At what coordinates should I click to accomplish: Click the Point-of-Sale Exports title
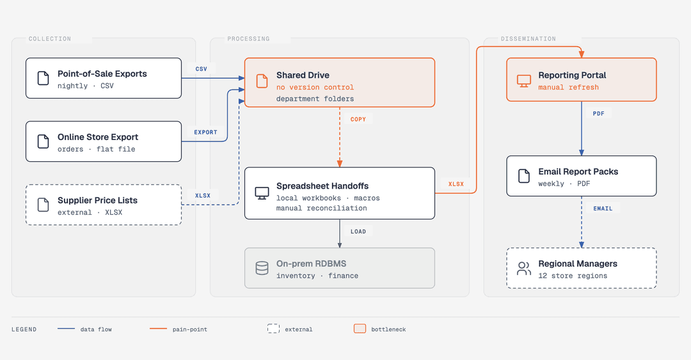pyautogui.click(x=102, y=74)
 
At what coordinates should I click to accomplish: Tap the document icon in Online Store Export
pyautogui.click(x=44, y=141)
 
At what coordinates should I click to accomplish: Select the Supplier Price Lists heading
pyautogui.click(x=97, y=200)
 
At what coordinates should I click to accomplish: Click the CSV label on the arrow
pyautogui.click(x=201, y=69)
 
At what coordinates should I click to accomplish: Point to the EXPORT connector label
pyautogui.click(x=205, y=132)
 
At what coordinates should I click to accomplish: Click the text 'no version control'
pyautogui.click(x=315, y=87)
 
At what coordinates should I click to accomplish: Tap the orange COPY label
pyautogui.click(x=358, y=119)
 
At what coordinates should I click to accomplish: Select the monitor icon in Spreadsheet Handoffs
pyautogui.click(x=262, y=193)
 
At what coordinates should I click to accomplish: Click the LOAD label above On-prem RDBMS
pyautogui.click(x=358, y=231)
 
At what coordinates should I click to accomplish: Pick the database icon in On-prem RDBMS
pyautogui.click(x=262, y=268)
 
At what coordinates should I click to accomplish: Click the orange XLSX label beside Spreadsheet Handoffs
pyautogui.click(x=456, y=184)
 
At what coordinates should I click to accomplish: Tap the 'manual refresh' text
pyautogui.click(x=569, y=87)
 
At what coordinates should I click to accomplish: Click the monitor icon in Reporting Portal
pyautogui.click(x=524, y=81)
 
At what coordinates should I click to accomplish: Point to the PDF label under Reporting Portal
pyautogui.click(x=598, y=113)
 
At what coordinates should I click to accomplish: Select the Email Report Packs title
pyautogui.click(x=578, y=171)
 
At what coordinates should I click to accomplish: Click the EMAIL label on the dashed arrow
pyautogui.click(x=603, y=208)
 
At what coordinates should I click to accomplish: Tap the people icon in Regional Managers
pyautogui.click(x=524, y=269)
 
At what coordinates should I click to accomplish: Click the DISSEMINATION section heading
pyautogui.click(x=528, y=39)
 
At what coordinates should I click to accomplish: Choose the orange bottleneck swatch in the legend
pyautogui.click(x=360, y=329)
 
